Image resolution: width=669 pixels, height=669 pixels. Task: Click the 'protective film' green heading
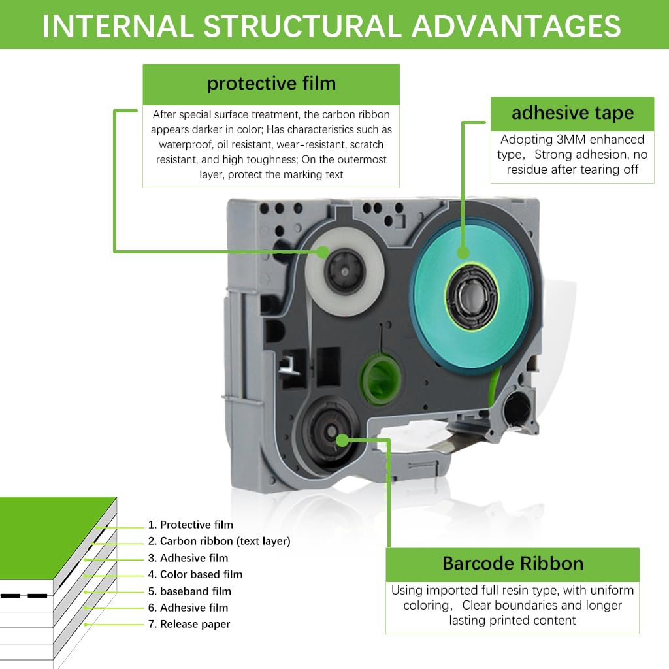point(271,84)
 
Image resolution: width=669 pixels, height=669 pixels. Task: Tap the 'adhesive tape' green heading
point(572,113)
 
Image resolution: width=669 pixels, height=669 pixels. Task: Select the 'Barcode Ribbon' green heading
point(512,564)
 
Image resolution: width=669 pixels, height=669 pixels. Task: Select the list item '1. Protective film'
point(190,525)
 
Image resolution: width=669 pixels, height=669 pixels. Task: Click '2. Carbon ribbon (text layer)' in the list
point(219,541)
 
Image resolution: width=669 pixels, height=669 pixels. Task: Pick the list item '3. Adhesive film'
point(188,558)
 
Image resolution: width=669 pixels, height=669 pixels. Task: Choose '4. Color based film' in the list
point(195,574)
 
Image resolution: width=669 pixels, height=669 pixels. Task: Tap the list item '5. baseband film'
point(189,591)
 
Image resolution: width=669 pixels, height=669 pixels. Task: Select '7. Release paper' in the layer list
point(189,624)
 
